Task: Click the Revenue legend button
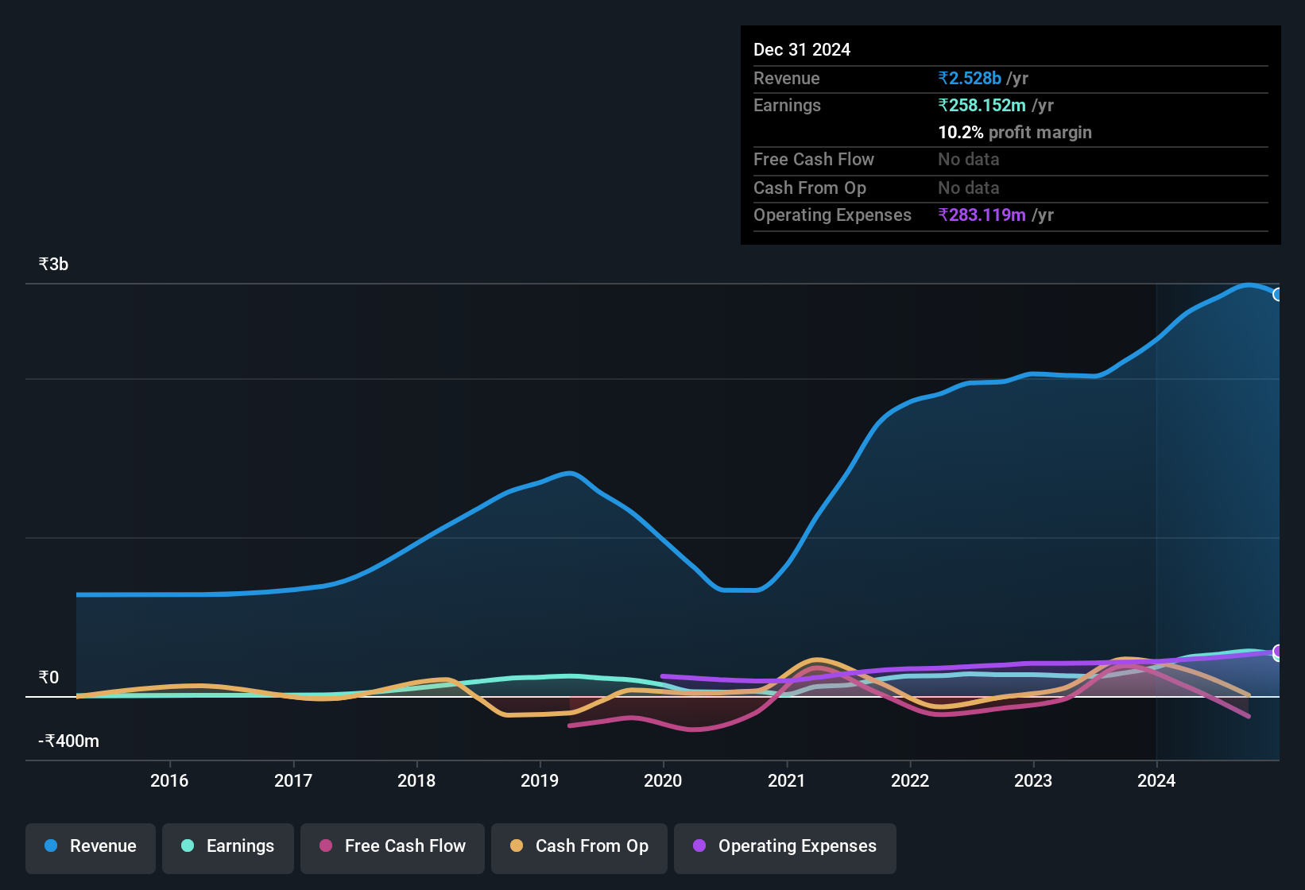click(x=91, y=846)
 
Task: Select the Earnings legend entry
click(x=228, y=846)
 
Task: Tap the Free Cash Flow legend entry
click(x=393, y=846)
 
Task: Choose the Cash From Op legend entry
click(x=579, y=846)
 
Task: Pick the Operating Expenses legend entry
click(x=785, y=846)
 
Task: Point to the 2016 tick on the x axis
click(x=169, y=780)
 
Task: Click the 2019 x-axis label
click(x=540, y=780)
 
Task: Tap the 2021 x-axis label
click(x=787, y=780)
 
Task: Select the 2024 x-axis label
click(x=1156, y=780)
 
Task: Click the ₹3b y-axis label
click(x=54, y=265)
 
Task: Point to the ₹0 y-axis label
click(x=49, y=678)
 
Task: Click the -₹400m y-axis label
click(x=69, y=741)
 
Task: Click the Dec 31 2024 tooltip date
click(x=802, y=50)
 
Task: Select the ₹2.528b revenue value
click(x=970, y=79)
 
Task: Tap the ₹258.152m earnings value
click(x=982, y=106)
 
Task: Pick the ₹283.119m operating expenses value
click(x=982, y=215)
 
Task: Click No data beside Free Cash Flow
click(x=969, y=160)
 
